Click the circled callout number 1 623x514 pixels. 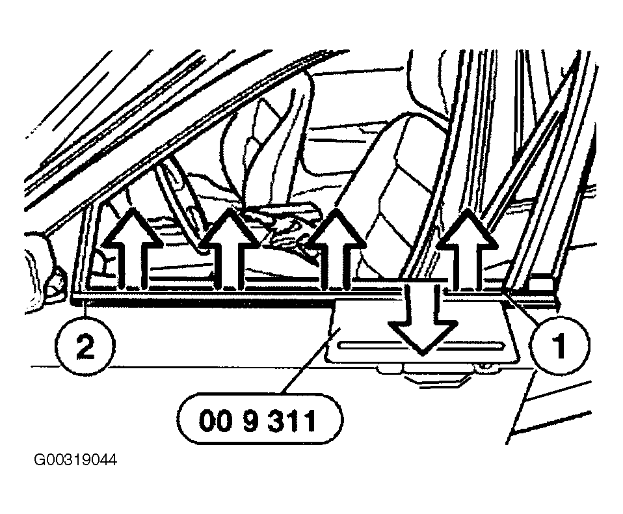click(x=560, y=345)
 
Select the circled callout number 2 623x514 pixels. click(x=85, y=345)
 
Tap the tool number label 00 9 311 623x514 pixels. click(x=259, y=420)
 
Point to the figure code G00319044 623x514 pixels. click(x=75, y=460)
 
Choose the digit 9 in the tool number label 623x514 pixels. click(x=250, y=420)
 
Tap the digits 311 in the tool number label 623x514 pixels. click(x=291, y=420)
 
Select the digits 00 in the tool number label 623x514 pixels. click(x=215, y=420)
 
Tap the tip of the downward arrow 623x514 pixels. click(x=422, y=355)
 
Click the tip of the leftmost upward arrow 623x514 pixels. click(x=132, y=208)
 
